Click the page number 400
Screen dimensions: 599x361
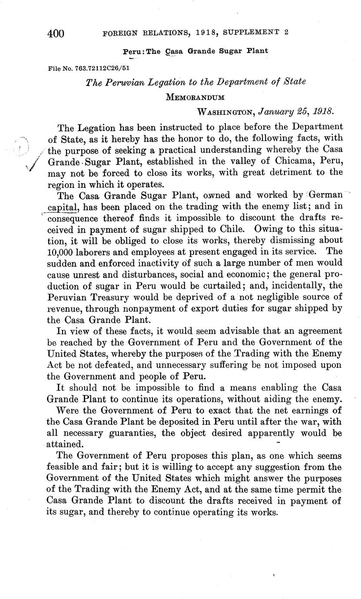[55, 33]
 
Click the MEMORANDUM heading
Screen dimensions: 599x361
[195, 97]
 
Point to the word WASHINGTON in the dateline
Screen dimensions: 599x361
[225, 112]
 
